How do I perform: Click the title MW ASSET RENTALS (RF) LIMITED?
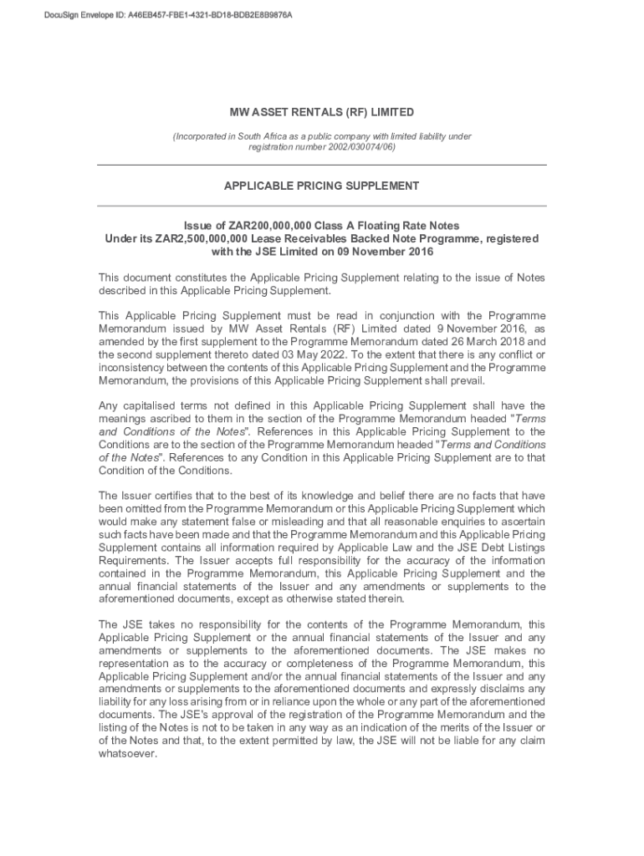[x=322, y=112]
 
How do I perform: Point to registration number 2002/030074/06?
[x=322, y=146]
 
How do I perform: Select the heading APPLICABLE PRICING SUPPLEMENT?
[x=322, y=186]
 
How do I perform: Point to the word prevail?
[x=466, y=380]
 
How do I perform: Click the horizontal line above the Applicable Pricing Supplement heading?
[x=322, y=165]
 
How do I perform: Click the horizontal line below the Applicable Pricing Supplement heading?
[x=322, y=206]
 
